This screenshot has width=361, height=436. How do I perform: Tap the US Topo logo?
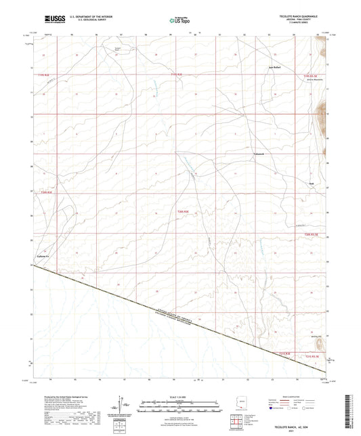click(178, 20)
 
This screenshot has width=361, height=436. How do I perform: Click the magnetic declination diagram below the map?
click(123, 408)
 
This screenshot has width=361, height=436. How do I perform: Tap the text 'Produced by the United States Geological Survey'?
click(58, 394)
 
